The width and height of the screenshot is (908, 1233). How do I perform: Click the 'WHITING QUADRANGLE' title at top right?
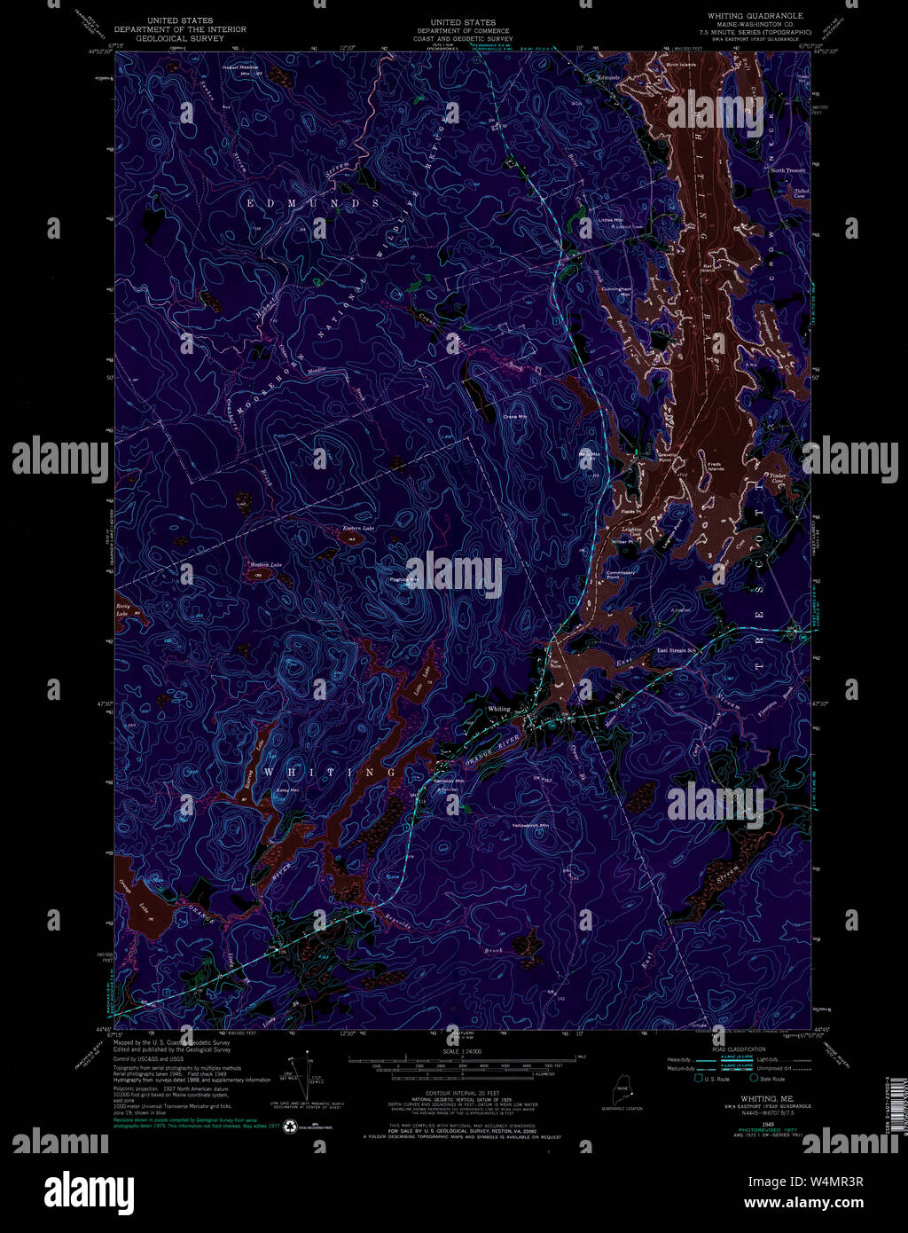(x=755, y=16)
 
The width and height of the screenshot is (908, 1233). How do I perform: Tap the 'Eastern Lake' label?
(x=359, y=529)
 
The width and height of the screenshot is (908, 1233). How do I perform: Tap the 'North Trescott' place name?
(x=787, y=170)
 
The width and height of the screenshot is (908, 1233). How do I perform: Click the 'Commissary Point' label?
(x=621, y=575)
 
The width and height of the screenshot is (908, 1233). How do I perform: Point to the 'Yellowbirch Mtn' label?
(x=531, y=826)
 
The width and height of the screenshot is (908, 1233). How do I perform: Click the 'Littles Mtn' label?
(x=610, y=219)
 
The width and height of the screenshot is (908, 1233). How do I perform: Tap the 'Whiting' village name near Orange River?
(x=499, y=709)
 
